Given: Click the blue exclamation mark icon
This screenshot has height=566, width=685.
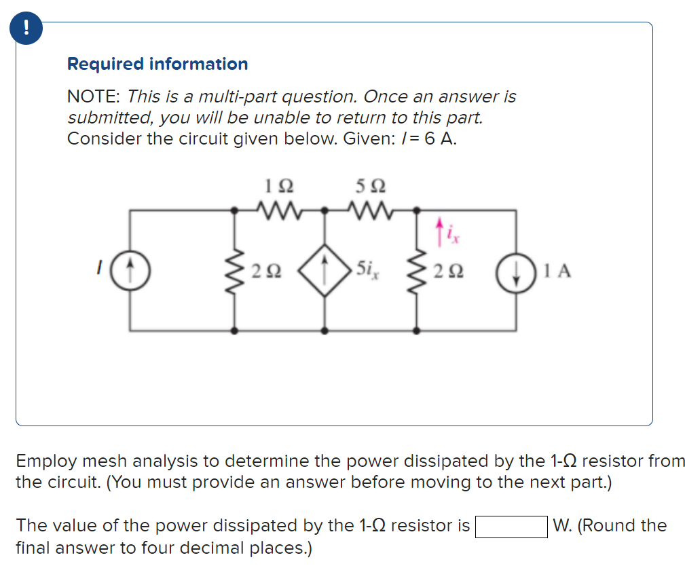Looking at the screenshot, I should coord(26,27).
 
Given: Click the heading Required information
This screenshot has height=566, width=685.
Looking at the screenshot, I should coord(158,64).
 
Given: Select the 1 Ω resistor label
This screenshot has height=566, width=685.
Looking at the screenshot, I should coord(278,185).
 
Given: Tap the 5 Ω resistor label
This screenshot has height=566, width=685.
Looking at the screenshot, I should coord(370,185).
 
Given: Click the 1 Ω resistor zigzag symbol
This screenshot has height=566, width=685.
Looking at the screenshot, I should coord(278,210).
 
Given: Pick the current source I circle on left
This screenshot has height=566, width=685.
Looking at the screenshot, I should coord(130,271).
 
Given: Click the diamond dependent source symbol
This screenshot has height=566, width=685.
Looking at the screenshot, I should coord(325,271).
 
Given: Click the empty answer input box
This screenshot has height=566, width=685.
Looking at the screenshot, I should coord(511,527).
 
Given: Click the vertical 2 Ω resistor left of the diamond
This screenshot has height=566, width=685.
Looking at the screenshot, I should coord(236,271).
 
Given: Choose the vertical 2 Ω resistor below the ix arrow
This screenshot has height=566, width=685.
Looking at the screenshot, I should coord(417,271).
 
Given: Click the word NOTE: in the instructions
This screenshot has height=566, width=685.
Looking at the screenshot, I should coord(94,97).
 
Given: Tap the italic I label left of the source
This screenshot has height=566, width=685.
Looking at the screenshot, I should coord(99,271).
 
